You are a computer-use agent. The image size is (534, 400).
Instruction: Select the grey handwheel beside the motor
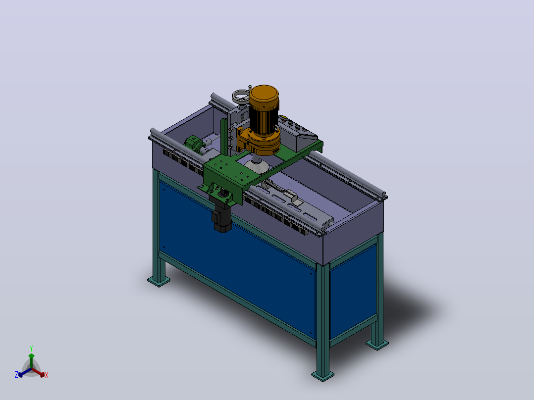[x=240, y=96]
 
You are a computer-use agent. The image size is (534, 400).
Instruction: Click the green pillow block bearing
[x=192, y=144]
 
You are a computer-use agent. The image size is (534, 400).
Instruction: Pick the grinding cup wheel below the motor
[x=257, y=164]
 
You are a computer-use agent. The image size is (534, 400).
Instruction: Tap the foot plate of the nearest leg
[x=322, y=376]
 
